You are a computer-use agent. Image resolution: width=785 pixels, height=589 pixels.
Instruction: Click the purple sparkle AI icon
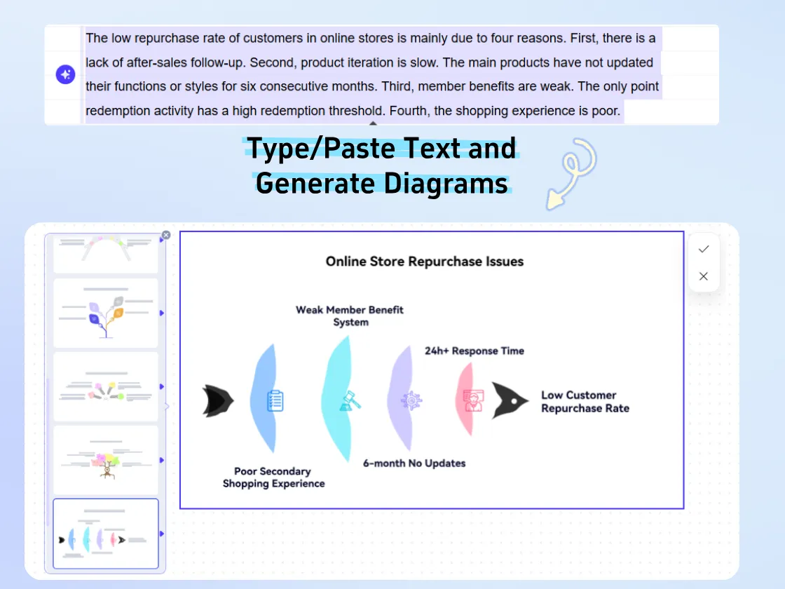[65, 74]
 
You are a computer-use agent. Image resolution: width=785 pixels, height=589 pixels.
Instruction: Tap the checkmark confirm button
[704, 249]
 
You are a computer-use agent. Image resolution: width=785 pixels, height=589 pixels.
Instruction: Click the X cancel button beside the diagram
[704, 276]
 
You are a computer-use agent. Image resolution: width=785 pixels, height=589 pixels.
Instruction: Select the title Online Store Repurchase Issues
[424, 262]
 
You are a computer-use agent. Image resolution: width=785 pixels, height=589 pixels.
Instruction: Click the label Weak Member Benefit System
[350, 316]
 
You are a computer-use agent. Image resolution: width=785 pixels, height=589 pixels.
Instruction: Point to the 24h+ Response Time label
[474, 351]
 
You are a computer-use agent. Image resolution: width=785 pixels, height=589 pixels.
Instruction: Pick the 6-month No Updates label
[414, 463]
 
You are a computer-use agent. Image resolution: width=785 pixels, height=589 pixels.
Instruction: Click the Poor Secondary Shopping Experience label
[273, 477]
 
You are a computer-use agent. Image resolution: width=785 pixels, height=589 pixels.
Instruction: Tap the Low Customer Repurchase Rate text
[585, 402]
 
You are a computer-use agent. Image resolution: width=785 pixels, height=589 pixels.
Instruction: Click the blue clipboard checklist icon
[275, 401]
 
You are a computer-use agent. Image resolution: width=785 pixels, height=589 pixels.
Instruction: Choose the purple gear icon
[411, 401]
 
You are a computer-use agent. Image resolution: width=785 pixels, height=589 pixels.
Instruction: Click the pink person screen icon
[474, 401]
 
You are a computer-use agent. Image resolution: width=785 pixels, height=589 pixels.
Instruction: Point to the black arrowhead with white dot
[510, 400]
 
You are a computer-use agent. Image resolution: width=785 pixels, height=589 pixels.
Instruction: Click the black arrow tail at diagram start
[217, 401]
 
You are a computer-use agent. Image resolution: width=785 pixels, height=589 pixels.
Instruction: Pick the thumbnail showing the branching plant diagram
[106, 313]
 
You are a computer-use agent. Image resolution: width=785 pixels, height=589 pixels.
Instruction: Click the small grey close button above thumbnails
[166, 235]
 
